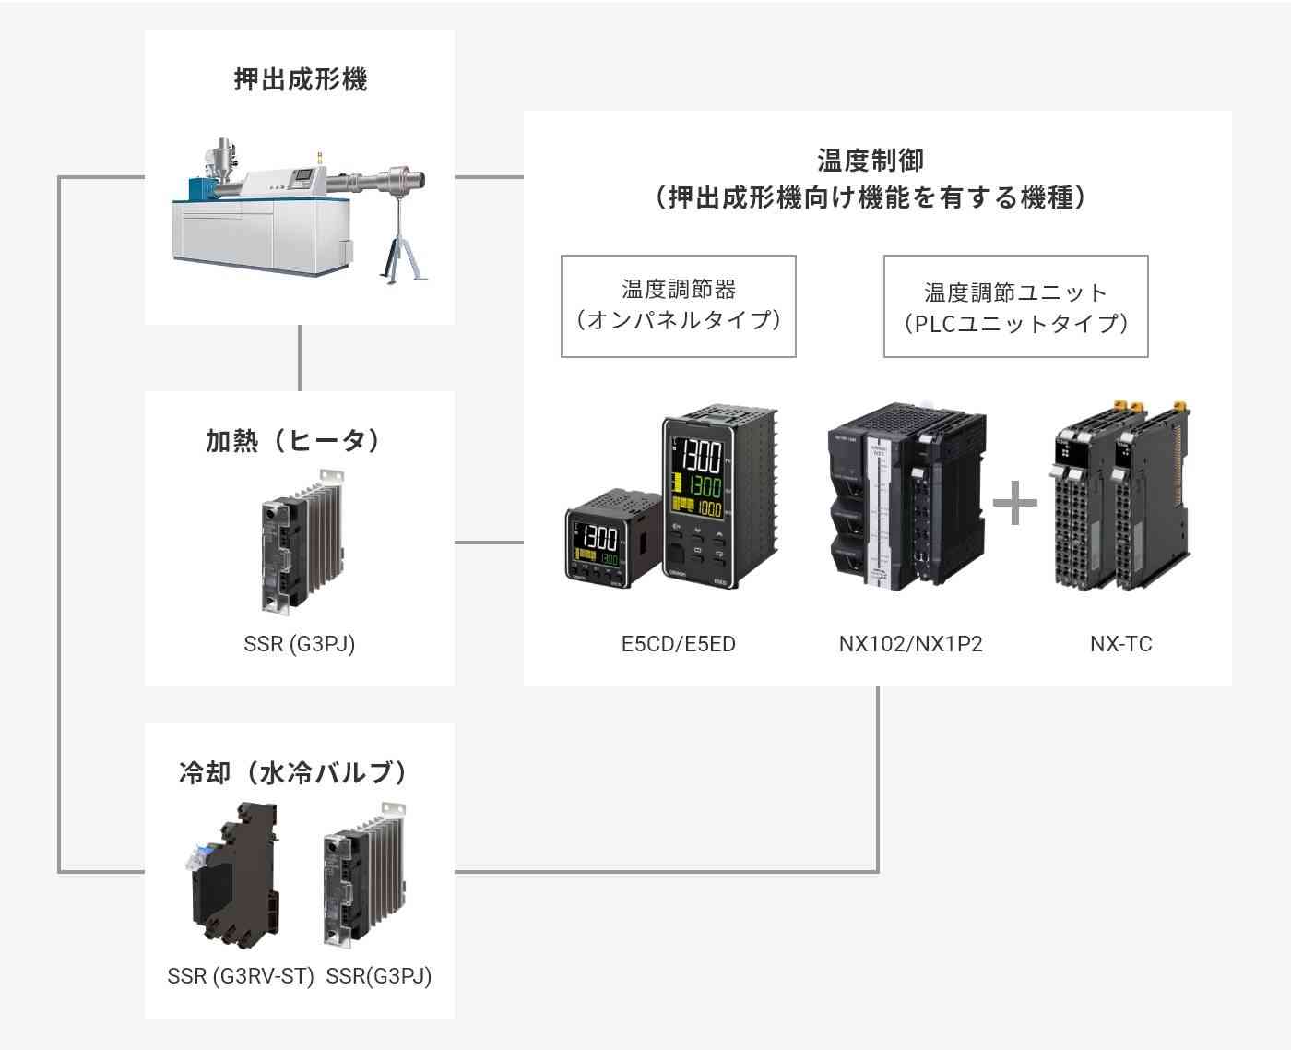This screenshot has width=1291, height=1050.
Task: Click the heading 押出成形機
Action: point(301,79)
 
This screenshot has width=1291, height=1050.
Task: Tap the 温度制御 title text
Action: point(871,161)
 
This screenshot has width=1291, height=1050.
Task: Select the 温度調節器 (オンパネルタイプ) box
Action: point(678,306)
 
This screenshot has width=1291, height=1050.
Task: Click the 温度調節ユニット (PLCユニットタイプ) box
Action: point(1016,306)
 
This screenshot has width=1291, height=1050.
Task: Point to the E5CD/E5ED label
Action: point(678,644)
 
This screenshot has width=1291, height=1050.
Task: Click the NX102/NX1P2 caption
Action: point(910,644)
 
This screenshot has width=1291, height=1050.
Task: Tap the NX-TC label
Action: point(1120,644)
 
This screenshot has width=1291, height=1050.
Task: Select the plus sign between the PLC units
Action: point(1015,503)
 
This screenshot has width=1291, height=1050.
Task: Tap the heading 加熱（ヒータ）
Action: point(292,441)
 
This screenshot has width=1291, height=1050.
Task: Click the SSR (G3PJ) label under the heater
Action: point(300,644)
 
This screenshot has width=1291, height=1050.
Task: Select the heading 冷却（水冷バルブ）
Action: point(292,773)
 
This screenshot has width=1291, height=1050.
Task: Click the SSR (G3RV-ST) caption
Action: point(241,976)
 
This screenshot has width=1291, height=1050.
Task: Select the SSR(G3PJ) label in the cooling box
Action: point(379,976)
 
